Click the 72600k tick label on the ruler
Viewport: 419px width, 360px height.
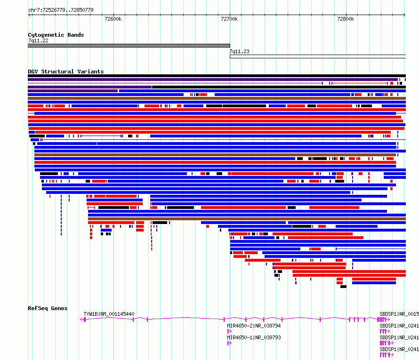click(x=113, y=19)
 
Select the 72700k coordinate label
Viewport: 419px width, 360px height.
click(x=229, y=19)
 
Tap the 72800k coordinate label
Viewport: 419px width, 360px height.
click(x=346, y=19)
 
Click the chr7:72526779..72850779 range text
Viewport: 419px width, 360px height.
click(x=61, y=10)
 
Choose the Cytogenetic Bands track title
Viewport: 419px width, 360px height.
click(x=56, y=35)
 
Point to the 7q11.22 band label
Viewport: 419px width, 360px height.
click(x=38, y=40)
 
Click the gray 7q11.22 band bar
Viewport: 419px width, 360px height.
click(x=129, y=46)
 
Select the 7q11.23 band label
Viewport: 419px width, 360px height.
click(x=240, y=51)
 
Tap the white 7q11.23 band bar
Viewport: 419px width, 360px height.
click(x=318, y=56)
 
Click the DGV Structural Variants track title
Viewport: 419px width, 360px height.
click(x=66, y=72)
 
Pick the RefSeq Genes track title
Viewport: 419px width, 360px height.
click(x=48, y=308)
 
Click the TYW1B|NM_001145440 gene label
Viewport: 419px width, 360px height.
click(x=109, y=314)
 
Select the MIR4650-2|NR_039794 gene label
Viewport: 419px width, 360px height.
click(x=254, y=326)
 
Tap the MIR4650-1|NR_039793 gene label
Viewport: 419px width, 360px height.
click(x=254, y=337)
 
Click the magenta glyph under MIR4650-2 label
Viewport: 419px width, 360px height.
click(x=229, y=331)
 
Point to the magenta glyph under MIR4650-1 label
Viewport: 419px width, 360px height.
click(x=229, y=343)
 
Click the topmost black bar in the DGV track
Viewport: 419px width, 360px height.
click(x=217, y=76)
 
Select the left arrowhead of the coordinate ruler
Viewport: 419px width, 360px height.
click(x=29, y=15)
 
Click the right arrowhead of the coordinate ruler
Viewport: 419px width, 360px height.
click(x=405, y=15)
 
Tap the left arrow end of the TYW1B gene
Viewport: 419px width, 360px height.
click(x=81, y=320)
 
